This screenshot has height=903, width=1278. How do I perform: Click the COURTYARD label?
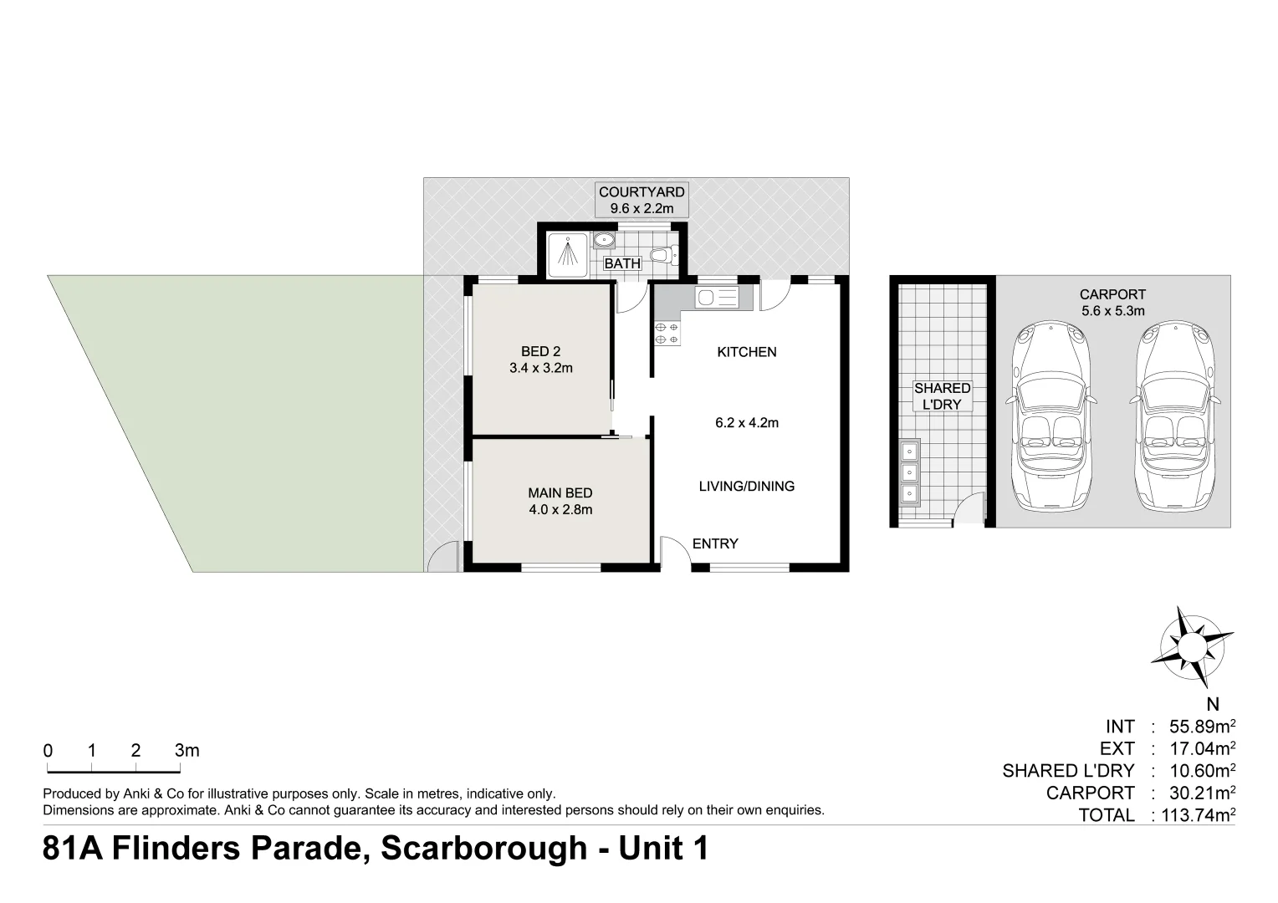642,192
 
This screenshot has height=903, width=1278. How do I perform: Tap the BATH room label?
622,263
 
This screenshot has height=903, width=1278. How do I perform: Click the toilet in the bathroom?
665,254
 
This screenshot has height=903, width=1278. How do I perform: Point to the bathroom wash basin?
604,242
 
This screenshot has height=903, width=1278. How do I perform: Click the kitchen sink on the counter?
717,297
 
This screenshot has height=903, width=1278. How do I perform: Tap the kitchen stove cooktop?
667,334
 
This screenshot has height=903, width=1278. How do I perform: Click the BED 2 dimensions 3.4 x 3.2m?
540,368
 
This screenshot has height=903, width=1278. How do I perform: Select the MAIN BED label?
560,493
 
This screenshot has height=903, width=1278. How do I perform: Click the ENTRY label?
715,544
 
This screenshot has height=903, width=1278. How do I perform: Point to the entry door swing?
672,552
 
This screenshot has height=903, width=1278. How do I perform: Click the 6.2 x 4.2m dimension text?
746,423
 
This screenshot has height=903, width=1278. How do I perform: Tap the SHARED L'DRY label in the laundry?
942,396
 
